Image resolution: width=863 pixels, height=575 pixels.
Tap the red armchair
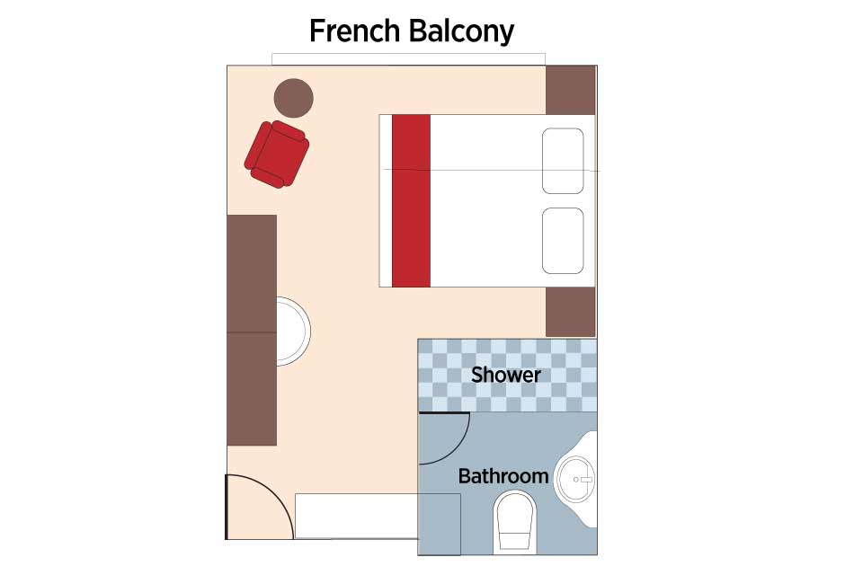(x=276, y=154)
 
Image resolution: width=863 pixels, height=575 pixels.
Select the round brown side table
(x=293, y=98)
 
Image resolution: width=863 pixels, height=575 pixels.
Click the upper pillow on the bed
(x=563, y=161)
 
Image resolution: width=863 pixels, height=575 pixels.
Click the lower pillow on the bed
(x=563, y=241)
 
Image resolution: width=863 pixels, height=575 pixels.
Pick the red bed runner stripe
(x=411, y=201)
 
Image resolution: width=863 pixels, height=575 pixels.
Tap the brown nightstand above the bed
(x=571, y=90)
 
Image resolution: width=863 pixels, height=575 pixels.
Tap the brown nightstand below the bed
(x=571, y=312)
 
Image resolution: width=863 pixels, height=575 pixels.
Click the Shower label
(x=506, y=375)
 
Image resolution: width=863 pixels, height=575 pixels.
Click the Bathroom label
(x=503, y=476)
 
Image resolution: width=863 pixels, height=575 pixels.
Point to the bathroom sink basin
(x=574, y=479)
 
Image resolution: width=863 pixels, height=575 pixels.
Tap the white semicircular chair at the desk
(x=294, y=332)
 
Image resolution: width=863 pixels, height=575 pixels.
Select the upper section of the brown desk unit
(x=252, y=273)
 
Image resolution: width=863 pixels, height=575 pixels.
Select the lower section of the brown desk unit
(x=252, y=389)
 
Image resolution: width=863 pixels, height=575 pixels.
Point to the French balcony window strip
(x=408, y=59)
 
